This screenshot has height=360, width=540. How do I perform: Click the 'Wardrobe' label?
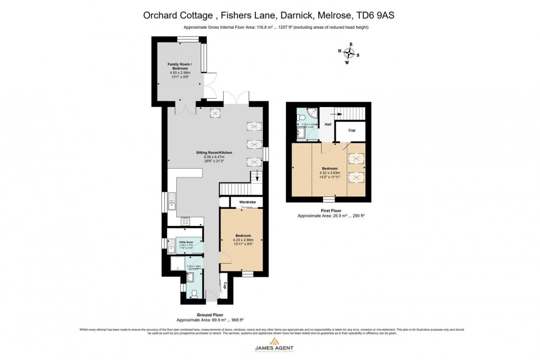point(247,202)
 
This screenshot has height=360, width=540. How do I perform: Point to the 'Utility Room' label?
point(186,242)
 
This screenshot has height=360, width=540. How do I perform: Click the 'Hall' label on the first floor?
point(327,125)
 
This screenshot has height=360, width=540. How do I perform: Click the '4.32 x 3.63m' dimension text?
point(330,173)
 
